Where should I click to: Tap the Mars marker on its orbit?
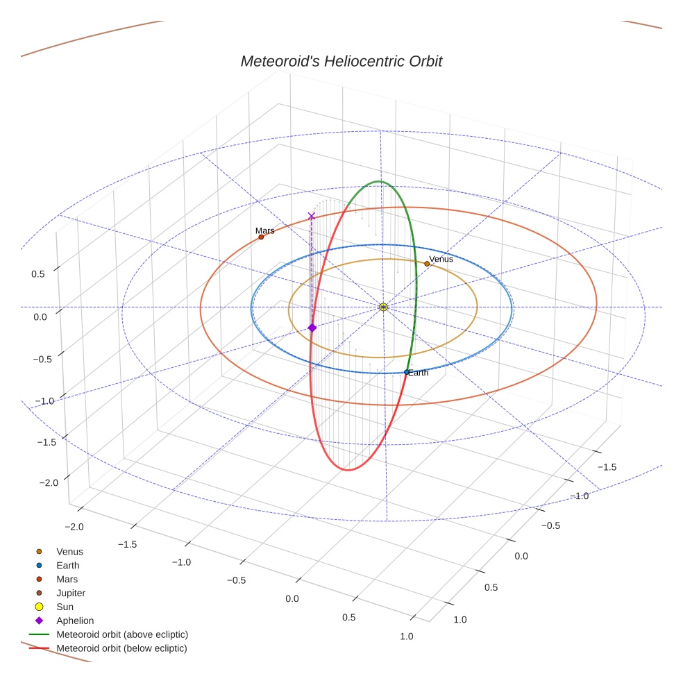click(261, 237)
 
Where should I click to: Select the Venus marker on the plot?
click(427, 264)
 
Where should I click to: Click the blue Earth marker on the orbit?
click(407, 373)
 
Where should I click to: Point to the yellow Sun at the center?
click(384, 307)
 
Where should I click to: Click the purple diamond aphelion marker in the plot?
click(312, 328)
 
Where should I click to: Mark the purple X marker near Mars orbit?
click(311, 217)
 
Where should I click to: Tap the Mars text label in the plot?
click(264, 230)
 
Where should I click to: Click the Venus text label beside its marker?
click(441, 259)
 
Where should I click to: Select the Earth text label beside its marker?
click(419, 373)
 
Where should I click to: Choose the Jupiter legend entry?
click(71, 593)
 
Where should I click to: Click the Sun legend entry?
click(65, 607)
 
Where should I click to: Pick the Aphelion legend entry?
click(75, 621)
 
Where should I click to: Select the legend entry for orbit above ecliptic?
click(122, 634)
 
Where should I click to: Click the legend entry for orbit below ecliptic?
click(122, 648)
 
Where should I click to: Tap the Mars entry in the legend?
click(67, 579)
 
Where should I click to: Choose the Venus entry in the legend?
click(69, 552)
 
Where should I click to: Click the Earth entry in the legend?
click(68, 566)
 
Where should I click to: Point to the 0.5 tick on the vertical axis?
click(37, 274)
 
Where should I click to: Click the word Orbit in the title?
click(422, 61)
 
